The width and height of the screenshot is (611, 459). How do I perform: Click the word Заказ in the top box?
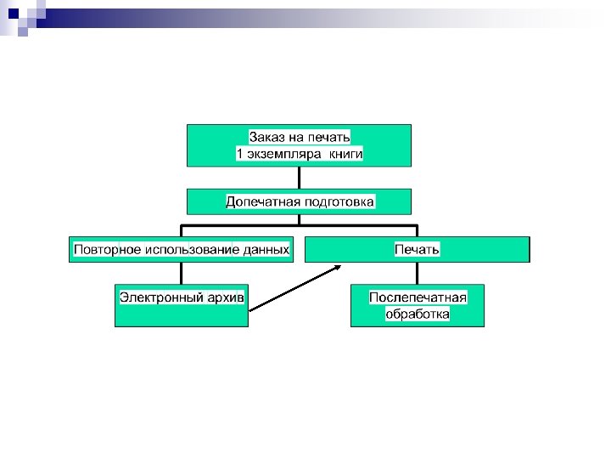point(266,136)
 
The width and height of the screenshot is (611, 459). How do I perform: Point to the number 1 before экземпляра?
point(239,155)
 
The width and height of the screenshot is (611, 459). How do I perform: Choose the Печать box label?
point(417,250)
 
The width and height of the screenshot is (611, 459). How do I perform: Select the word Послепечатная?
point(418,297)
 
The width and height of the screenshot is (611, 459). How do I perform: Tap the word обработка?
point(418,314)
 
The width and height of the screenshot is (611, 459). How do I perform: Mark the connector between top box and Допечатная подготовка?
point(300,177)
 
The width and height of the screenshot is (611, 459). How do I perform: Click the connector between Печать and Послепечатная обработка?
point(417,273)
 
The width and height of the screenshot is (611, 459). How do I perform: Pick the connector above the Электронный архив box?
point(181,273)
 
